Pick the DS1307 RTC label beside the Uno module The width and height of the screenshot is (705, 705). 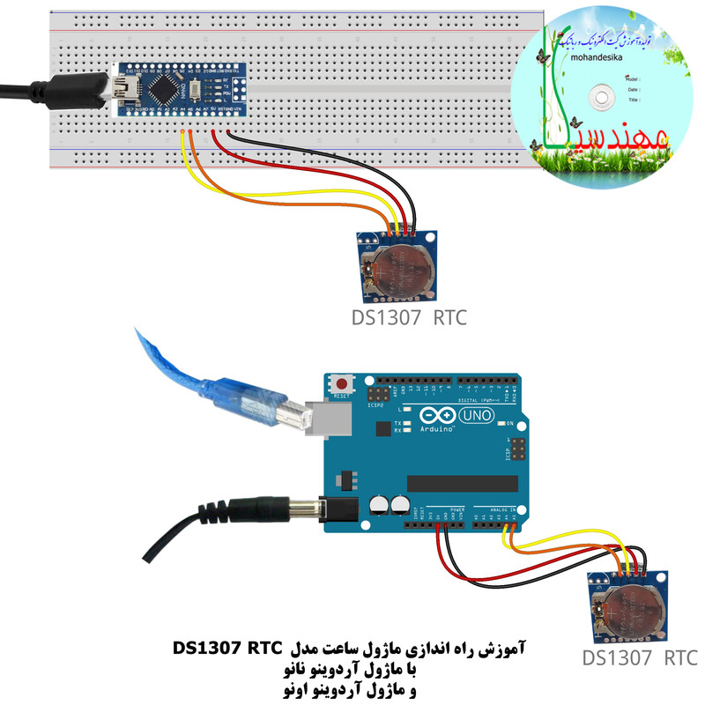tap(639, 657)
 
